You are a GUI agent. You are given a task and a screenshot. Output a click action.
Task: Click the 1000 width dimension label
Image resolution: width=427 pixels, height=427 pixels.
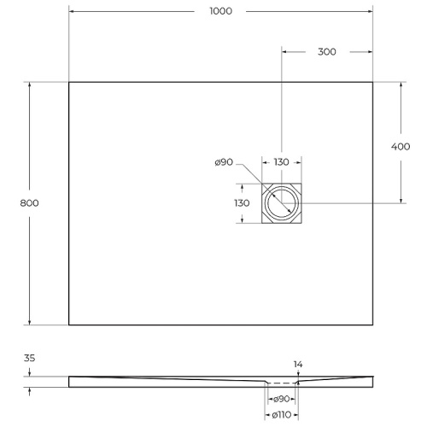coord(219,11)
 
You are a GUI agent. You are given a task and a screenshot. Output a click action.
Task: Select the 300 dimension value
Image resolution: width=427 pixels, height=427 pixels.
coord(326,51)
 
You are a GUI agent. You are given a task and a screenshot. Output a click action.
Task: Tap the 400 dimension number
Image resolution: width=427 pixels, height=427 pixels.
coord(401,146)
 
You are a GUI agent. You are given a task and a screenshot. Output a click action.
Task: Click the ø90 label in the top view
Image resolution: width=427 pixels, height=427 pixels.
coord(225,163)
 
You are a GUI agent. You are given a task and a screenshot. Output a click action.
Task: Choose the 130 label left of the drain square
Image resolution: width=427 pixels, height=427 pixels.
coord(241,203)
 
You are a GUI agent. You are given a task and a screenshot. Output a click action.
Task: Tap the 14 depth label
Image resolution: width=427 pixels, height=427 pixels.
coord(297,365)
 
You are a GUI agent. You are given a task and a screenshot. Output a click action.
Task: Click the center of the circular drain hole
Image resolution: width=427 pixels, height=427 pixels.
coord(281,203)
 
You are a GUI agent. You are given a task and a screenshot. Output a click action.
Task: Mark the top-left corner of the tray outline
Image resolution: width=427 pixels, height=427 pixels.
coord(68,82)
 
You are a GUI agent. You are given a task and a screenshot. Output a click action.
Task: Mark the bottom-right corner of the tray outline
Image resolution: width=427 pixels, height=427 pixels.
coord(373,325)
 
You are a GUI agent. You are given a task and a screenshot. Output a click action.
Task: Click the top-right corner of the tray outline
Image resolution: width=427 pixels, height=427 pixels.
coord(373,82)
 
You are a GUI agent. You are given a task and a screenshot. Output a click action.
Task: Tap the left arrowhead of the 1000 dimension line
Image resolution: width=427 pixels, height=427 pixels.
coord(72,11)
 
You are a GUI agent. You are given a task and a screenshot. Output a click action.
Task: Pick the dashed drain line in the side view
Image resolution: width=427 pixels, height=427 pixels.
coord(281,383)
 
